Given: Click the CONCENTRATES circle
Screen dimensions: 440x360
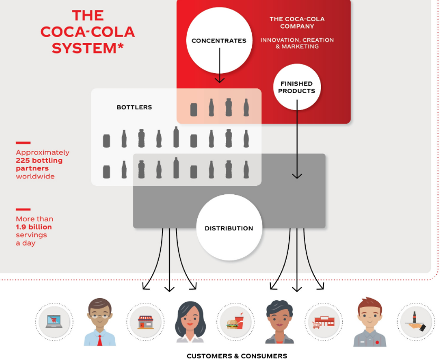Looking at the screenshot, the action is (219, 41).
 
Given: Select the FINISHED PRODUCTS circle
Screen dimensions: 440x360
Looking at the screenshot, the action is (297, 87).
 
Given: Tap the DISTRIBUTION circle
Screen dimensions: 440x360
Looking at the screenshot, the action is (228, 228).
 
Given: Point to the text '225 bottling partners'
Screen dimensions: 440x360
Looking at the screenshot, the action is (39, 164).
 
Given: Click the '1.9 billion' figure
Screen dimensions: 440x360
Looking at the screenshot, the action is (34, 227).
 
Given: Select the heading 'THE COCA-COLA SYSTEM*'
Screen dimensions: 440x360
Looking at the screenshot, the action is (88, 32).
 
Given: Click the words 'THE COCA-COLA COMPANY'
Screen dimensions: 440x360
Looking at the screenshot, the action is (297, 23).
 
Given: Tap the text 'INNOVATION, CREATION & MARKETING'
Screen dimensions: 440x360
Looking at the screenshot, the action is (297, 43).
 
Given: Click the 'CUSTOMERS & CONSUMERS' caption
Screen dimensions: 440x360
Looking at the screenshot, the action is (237, 356).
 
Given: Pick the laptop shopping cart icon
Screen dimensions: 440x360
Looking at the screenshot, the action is (54, 321).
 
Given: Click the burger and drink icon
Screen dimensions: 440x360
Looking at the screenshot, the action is (235, 321).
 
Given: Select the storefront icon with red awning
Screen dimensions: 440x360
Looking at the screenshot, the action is (144, 321).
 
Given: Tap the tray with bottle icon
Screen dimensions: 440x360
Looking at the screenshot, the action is (416, 321).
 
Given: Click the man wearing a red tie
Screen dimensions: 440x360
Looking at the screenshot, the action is (99, 322).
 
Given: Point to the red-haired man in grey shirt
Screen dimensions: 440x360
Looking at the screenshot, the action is (370, 322).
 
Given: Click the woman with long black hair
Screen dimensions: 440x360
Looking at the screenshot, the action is (190, 323).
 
